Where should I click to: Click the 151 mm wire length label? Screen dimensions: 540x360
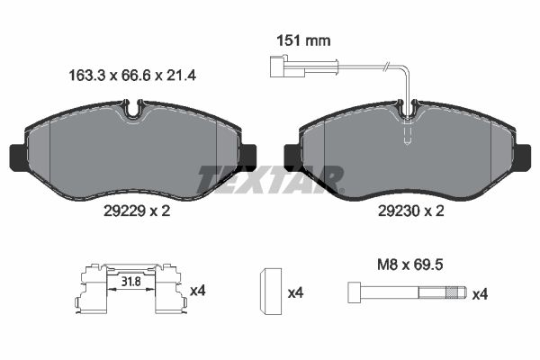[x=304, y=41]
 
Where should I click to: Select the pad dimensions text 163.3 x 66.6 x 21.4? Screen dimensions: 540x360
[x=132, y=75]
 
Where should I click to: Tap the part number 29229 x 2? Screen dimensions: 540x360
[x=137, y=211]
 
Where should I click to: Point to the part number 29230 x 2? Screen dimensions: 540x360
[x=411, y=211]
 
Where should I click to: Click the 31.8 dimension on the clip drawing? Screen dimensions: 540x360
[x=131, y=282]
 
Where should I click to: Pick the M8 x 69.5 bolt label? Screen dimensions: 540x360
[x=410, y=265]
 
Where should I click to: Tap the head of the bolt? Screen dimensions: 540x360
[x=354, y=292]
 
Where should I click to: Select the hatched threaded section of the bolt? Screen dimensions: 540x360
[x=454, y=292]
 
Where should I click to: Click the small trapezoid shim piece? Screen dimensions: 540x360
[x=270, y=291]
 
